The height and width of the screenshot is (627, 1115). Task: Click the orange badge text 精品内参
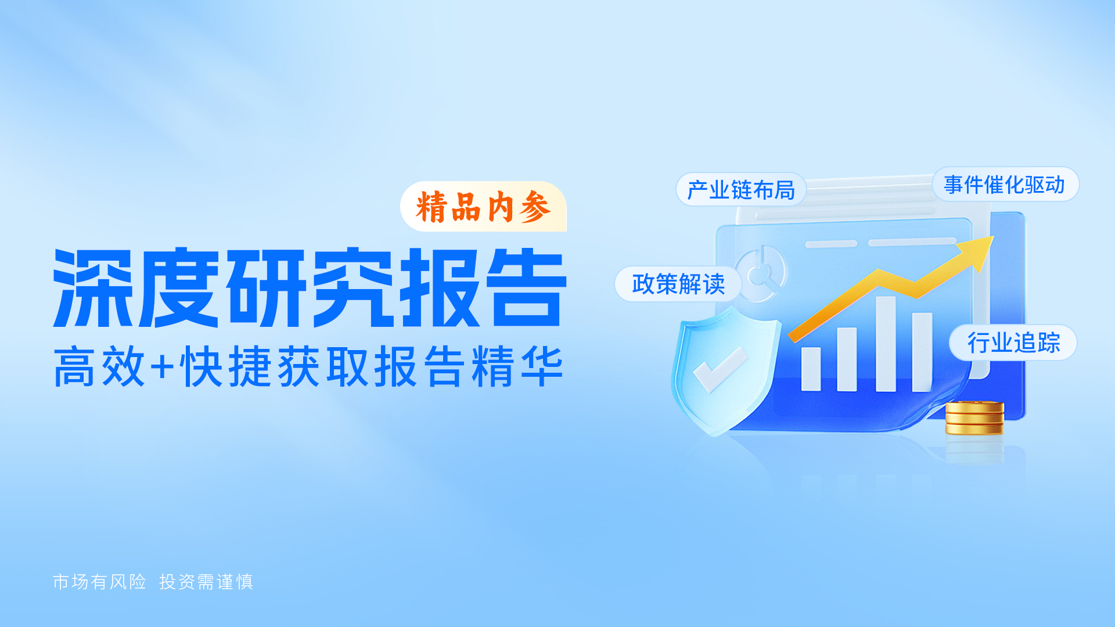pos(483,207)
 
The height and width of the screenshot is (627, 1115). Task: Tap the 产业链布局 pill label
pos(740,190)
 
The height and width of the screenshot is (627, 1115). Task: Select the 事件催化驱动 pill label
pos(1004,185)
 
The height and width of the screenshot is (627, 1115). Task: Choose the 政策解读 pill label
pos(678,284)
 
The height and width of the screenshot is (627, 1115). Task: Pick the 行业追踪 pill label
pos(1013,343)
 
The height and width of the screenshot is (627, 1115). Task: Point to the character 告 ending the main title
pos(526,287)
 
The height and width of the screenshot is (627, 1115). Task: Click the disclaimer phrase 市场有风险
pos(99,582)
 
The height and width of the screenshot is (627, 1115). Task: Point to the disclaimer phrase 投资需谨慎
pos(206,582)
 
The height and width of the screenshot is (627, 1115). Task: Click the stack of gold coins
pos(974,418)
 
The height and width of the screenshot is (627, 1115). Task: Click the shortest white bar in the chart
pos(811,369)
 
